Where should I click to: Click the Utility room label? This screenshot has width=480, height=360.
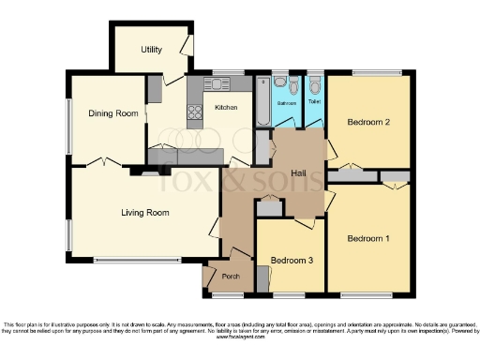point(151,49)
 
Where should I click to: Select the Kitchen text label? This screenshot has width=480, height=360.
point(227,108)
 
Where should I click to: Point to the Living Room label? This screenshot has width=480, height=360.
point(144,213)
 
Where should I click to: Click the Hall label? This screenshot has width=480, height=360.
point(299,173)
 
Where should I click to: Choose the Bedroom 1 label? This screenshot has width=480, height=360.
point(367,238)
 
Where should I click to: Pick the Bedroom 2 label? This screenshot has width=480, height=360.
point(367,122)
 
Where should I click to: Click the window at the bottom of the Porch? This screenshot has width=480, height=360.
point(226,294)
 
